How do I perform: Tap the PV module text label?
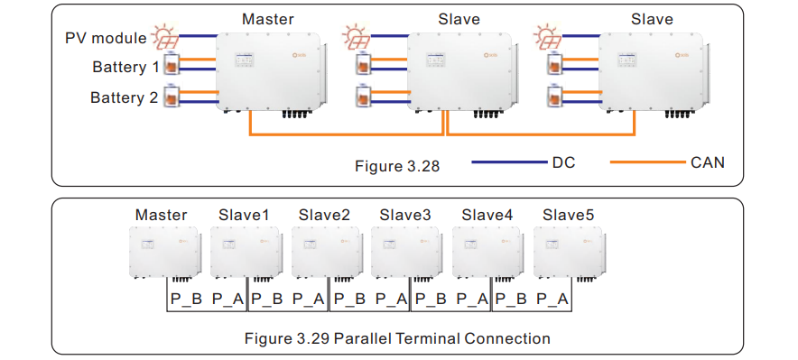[x=106, y=38]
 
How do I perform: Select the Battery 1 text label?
[x=125, y=68]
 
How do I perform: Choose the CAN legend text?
[x=707, y=162]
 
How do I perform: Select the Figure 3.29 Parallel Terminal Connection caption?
[x=398, y=338]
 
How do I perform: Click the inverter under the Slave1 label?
[x=242, y=252]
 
